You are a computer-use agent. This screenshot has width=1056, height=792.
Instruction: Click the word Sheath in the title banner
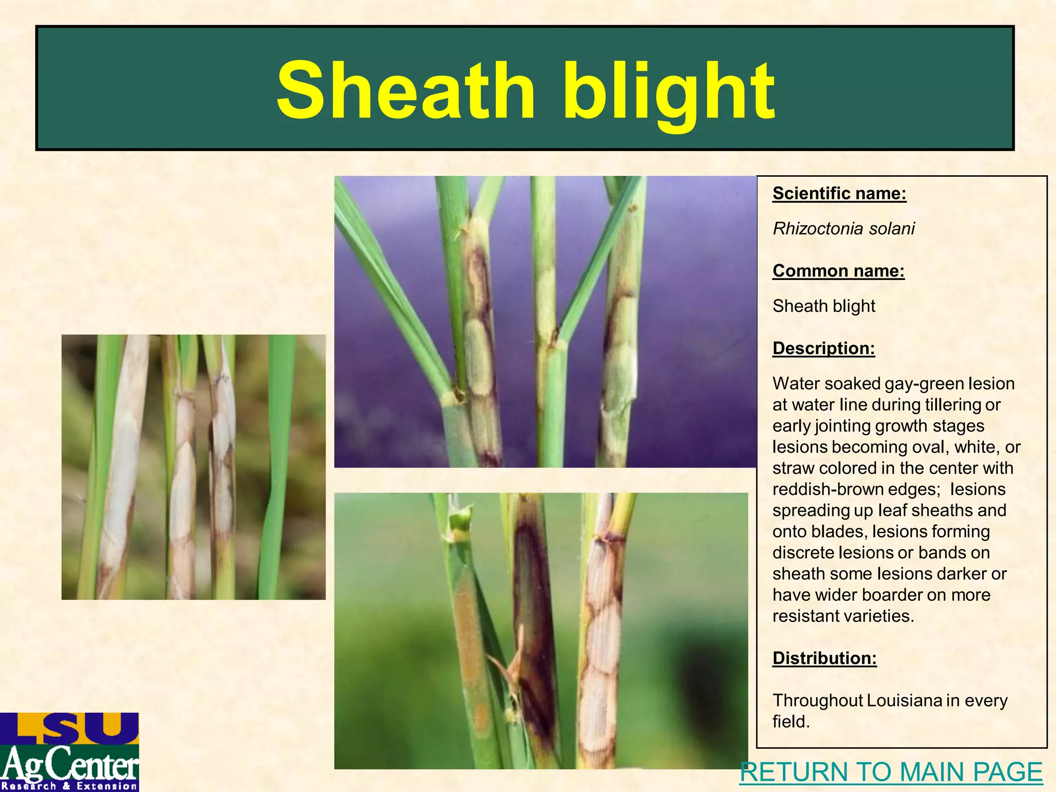(x=406, y=91)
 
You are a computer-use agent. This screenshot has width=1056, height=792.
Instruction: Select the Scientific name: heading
(x=839, y=193)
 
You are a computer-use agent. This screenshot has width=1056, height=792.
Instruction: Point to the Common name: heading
(x=838, y=271)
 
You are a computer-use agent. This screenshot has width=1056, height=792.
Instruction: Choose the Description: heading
(x=823, y=348)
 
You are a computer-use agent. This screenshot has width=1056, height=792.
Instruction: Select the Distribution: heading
(x=824, y=658)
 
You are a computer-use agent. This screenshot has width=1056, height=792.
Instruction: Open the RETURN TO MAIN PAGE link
(x=891, y=772)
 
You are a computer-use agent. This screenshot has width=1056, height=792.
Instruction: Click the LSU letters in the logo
(x=70, y=728)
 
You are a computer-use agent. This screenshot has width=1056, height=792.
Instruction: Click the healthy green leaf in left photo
(x=279, y=464)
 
